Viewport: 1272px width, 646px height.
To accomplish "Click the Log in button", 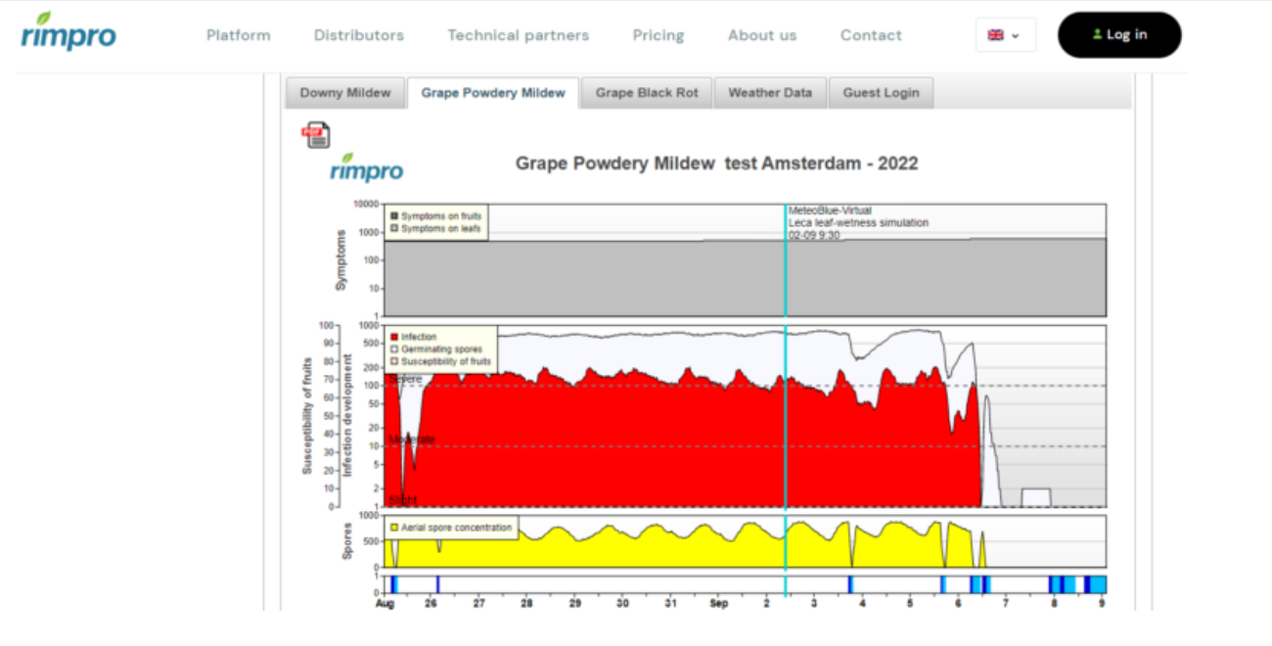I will tap(1119, 35).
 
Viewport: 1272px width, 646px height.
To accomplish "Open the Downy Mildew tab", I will tap(344, 93).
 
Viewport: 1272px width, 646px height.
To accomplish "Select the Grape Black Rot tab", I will tap(646, 93).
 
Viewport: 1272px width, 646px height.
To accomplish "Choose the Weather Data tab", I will tap(770, 93).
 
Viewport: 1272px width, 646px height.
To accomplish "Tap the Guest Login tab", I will tap(881, 93).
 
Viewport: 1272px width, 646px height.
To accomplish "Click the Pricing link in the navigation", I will tap(658, 35).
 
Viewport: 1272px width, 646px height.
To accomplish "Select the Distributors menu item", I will tap(358, 35).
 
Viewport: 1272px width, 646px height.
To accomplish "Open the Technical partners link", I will tap(518, 35).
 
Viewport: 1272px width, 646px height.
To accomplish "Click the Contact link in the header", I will tap(871, 35).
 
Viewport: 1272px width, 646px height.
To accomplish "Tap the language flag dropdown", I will tap(1004, 35).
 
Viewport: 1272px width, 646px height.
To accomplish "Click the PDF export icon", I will tap(316, 135).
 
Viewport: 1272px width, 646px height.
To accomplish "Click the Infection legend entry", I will tap(419, 337).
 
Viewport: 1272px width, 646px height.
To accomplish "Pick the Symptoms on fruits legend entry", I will tap(438, 215).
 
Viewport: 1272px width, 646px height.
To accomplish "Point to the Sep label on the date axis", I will tap(719, 604).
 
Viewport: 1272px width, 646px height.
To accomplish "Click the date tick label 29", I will tap(575, 604).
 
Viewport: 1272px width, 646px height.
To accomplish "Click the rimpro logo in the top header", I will tap(68, 31).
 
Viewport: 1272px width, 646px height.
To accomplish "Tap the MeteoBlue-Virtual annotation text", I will tap(830, 210).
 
